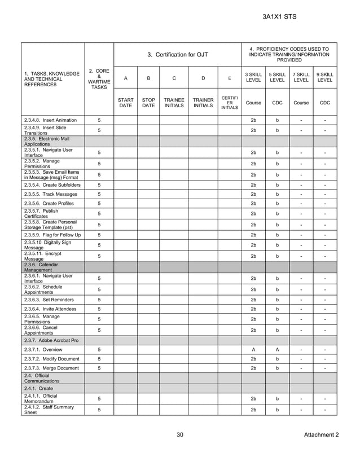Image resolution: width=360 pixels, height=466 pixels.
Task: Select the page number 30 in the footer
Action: coord(180,434)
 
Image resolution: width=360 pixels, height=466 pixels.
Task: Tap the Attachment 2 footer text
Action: coord(321,434)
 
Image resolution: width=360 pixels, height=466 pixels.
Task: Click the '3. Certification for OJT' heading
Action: coord(178,55)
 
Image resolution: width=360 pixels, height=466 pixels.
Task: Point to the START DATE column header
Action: coord(125,103)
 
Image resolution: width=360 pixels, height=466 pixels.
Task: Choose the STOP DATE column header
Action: coord(148,103)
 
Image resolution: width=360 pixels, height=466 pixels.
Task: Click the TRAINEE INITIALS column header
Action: coord(174,103)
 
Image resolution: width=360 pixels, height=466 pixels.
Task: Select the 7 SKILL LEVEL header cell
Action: coord(301,77)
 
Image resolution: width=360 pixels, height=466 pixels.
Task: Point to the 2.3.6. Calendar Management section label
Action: coord(41,267)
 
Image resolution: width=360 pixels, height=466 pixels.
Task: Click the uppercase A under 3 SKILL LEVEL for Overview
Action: coord(253,350)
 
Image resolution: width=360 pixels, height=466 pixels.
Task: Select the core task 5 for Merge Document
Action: coord(99,368)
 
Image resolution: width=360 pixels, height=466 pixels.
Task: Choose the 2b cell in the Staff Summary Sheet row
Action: coord(253,410)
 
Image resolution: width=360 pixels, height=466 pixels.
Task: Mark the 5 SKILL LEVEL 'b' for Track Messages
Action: coord(277,194)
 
